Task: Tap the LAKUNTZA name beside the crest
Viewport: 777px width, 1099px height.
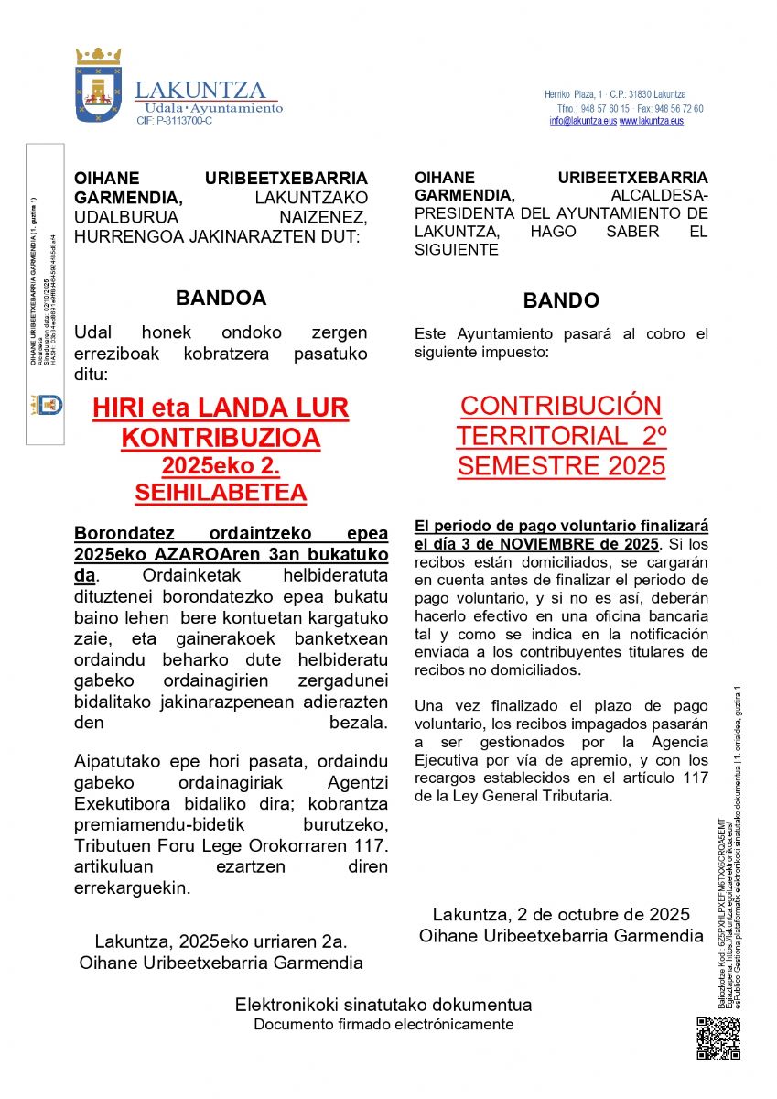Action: pyautogui.click(x=200, y=90)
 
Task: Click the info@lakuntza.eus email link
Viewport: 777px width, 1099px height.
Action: pyautogui.click(x=583, y=121)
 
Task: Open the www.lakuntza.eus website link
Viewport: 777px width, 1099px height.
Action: pyautogui.click(x=651, y=121)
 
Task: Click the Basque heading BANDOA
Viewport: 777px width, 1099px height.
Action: pyautogui.click(x=221, y=298)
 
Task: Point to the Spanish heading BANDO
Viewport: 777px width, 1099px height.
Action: pyautogui.click(x=561, y=300)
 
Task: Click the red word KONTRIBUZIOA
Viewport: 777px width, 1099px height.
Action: pyautogui.click(x=221, y=438)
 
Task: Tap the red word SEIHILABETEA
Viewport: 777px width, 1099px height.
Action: pyautogui.click(x=221, y=494)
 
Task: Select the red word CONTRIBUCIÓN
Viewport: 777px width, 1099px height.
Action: pyautogui.click(x=560, y=406)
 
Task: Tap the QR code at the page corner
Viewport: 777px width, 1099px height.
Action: pyautogui.click(x=718, y=1038)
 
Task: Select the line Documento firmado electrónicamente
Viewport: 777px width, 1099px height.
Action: pyautogui.click(x=383, y=1025)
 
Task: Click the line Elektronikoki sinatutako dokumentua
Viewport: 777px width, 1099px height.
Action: pyautogui.click(x=383, y=1005)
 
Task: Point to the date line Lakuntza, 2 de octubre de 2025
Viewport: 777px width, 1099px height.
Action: pyautogui.click(x=561, y=915)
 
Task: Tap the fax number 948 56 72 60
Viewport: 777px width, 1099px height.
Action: pyautogui.click(x=678, y=108)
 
